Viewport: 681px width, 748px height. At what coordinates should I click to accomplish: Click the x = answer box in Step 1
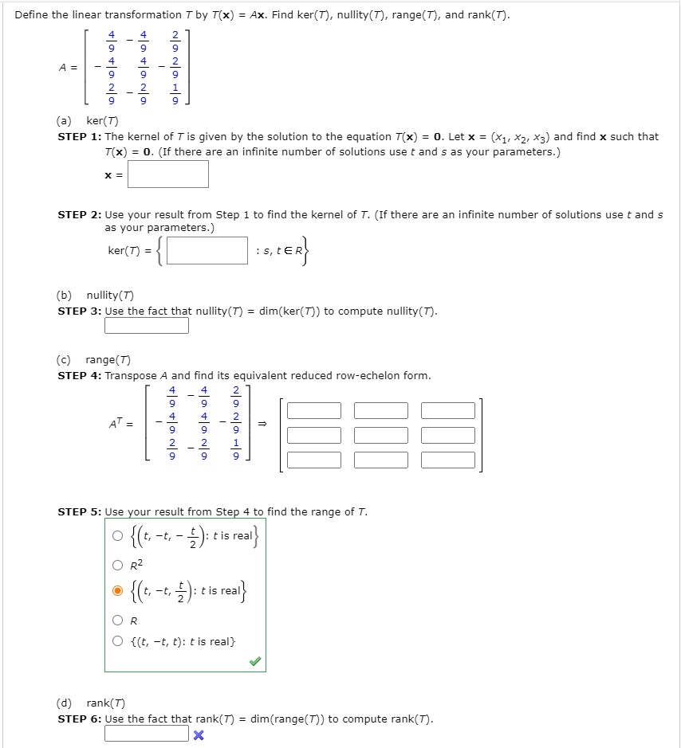coord(168,174)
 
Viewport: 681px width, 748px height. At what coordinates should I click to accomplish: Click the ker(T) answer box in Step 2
coord(207,251)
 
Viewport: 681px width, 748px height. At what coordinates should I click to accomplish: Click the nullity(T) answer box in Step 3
coord(147,326)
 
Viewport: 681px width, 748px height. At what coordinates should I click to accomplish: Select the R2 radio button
coord(118,566)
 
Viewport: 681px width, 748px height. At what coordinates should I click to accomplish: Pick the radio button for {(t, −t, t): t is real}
coord(118,641)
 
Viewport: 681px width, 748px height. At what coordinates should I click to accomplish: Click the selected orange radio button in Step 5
coord(118,591)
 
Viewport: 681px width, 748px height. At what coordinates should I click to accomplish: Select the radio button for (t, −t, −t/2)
coord(118,535)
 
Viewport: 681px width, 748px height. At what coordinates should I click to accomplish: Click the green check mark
coord(254,661)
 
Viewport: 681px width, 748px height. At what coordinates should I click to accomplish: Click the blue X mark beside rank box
coord(199,734)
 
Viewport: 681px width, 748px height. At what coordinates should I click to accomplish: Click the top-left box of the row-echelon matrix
coord(314,411)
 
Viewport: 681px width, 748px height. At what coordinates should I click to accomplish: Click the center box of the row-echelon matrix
coord(381,436)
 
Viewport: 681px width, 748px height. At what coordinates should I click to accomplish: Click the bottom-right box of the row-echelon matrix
coord(448,460)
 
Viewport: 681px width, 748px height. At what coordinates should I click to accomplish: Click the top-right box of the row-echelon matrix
coord(448,411)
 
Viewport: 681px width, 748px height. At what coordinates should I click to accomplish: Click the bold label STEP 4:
coord(80,375)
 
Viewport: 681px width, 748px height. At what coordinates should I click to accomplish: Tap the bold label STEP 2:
coord(80,214)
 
